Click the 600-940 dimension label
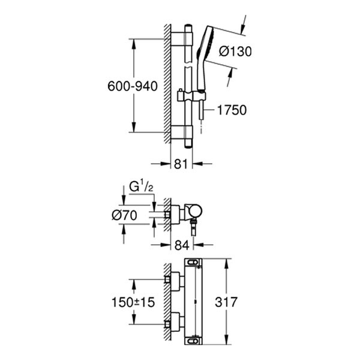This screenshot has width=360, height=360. tap(133, 86)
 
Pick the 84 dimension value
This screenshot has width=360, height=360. tap(182, 244)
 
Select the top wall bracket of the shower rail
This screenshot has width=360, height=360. tap(182, 39)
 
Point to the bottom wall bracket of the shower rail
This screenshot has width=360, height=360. tap(182, 133)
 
